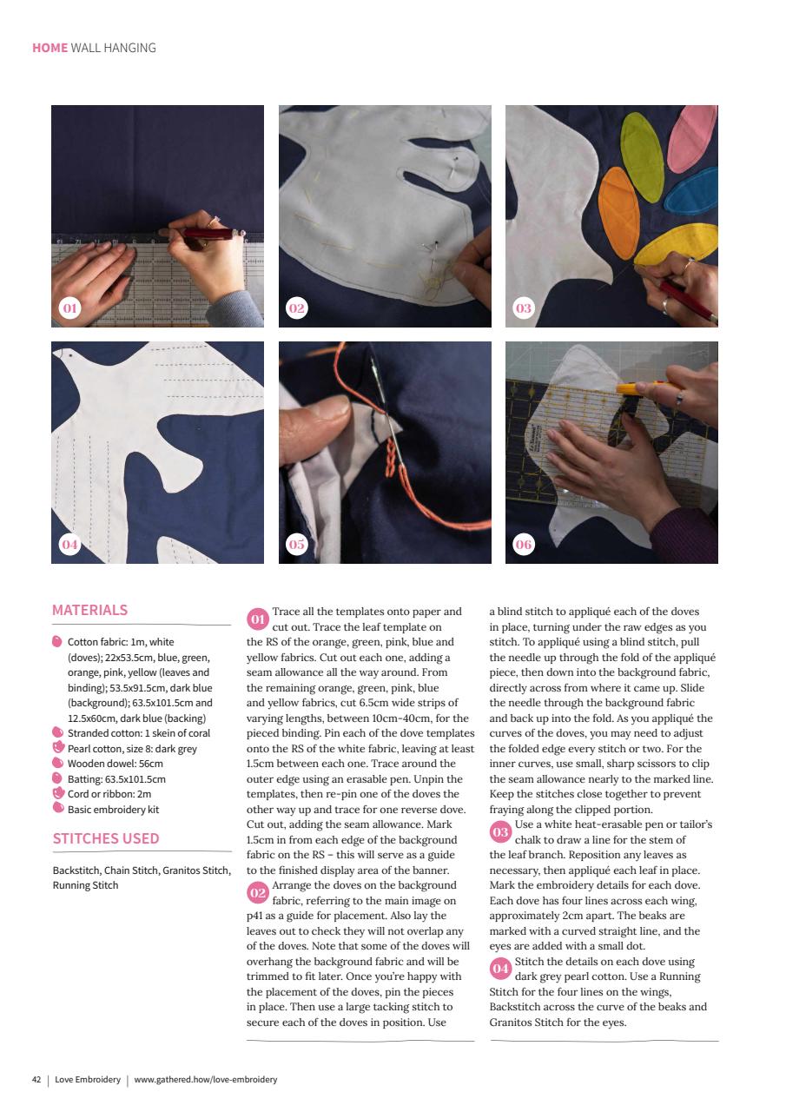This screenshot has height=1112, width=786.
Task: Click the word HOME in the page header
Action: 50,48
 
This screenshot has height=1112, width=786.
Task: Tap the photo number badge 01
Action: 69,308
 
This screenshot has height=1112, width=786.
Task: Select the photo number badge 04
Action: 69,545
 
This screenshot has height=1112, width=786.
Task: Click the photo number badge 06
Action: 524,545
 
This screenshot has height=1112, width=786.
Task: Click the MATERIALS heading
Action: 89,610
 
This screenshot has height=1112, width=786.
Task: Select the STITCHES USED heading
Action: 105,839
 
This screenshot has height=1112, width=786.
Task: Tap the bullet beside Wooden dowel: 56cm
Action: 58,763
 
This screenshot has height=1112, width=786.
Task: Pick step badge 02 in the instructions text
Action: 258,892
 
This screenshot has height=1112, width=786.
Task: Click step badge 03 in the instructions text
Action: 500,831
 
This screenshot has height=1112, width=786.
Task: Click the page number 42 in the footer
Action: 36,1080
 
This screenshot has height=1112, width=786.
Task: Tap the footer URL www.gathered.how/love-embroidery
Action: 206,1080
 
